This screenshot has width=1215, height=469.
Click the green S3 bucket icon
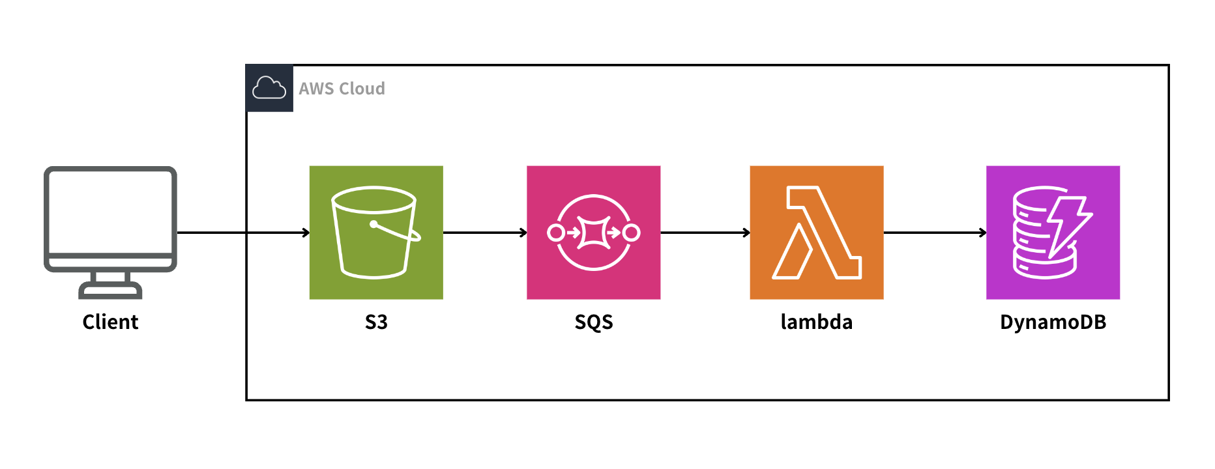pos(376,233)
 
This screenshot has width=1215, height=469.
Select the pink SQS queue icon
pos(593,233)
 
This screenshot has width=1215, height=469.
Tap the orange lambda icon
pos(816,233)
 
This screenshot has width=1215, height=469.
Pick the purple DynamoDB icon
pos(1053,233)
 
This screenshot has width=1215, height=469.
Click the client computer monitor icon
pos(110,221)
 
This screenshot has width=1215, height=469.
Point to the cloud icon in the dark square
pos(269,88)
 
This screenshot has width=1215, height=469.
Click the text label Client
pos(110,322)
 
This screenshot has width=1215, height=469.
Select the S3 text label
pos(376,322)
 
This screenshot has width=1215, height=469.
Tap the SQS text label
pos(593,322)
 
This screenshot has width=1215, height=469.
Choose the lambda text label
pos(816,322)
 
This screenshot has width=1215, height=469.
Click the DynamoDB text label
pos(1053,322)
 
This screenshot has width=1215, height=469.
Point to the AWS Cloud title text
pos(342,89)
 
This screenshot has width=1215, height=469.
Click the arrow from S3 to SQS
pos(484,233)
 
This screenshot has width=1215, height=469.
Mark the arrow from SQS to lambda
pos(705,233)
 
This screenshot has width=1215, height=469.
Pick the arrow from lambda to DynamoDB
pos(934,233)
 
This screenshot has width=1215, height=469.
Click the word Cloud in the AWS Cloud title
pos(362,89)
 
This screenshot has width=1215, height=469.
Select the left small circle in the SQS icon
pos(555,233)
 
